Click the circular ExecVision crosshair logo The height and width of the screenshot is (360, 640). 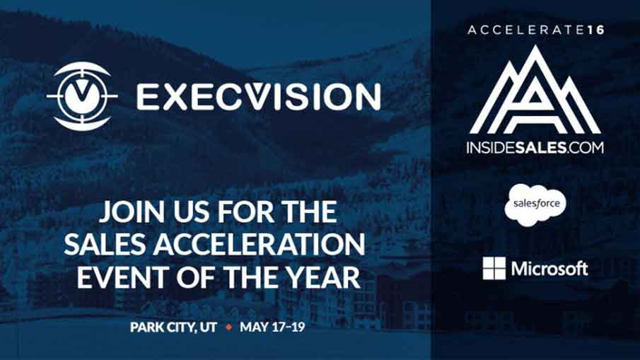(82, 96)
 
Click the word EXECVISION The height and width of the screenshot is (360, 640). (259, 97)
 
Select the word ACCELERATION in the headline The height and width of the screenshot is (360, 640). (260, 245)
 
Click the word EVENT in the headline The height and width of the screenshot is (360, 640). (124, 277)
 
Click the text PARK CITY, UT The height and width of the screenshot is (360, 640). (173, 327)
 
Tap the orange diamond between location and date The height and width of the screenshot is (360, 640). (228, 327)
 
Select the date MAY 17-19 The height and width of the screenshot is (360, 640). (272, 327)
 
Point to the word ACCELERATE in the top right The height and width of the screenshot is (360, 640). (526, 30)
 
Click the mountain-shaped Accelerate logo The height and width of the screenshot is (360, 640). (535, 90)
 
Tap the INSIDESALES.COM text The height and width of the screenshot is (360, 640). (535, 147)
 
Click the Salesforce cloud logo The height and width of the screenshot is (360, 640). (535, 204)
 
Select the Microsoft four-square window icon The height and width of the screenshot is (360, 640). (494, 268)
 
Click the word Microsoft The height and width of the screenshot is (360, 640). (549, 269)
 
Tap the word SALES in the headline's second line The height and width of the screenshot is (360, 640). (105, 245)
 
